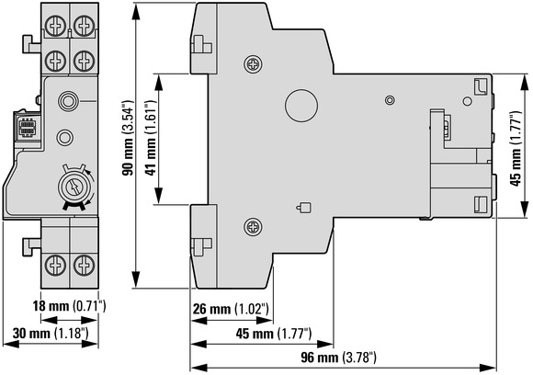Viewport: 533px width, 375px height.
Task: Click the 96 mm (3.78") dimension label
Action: (338, 358)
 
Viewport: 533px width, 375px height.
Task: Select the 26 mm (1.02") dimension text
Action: (231, 309)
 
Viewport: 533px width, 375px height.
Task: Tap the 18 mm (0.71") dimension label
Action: (69, 306)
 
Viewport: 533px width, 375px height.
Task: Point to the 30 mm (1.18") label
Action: (51, 334)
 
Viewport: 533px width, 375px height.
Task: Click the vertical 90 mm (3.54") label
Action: (128, 138)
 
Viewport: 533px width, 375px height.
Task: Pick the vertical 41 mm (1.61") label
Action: (151, 138)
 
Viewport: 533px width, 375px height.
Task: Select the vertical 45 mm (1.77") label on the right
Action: (516, 149)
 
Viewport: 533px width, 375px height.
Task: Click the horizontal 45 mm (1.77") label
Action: (274, 334)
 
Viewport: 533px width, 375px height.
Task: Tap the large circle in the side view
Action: (301, 106)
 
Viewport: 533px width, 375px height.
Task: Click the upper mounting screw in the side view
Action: (253, 63)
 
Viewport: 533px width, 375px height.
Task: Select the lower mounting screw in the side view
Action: (253, 226)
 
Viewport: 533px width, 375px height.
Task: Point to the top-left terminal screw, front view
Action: (55, 26)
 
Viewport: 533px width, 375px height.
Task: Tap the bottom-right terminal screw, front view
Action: (84, 266)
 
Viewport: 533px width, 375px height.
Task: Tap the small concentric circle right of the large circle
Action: (390, 100)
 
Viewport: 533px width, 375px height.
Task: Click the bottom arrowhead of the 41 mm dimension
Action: (158, 196)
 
